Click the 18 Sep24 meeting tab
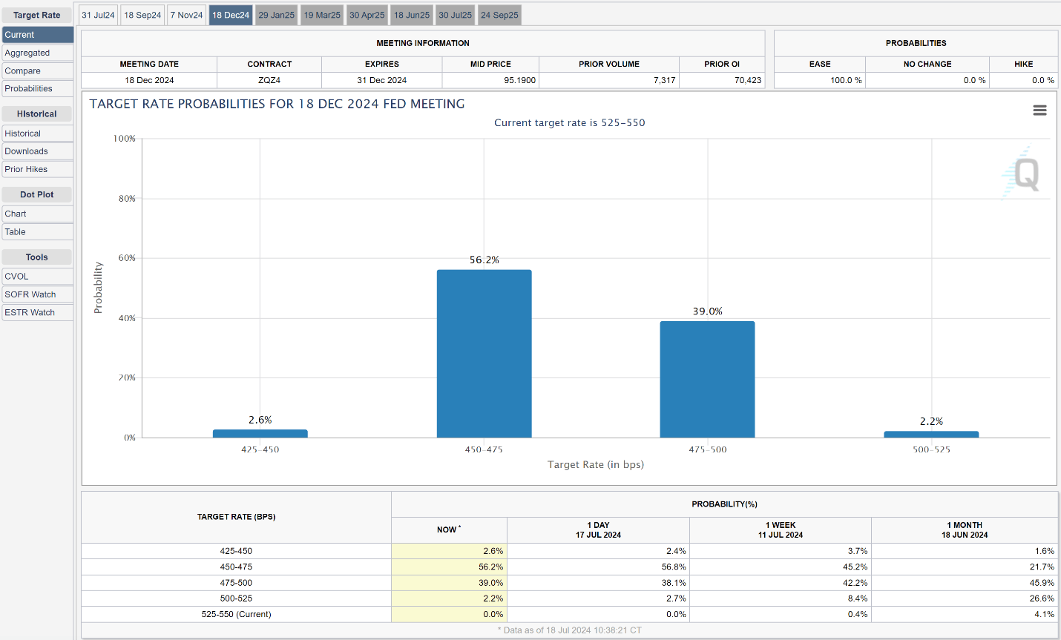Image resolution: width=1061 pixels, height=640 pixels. [142, 15]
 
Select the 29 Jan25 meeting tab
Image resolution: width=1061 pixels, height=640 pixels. [276, 15]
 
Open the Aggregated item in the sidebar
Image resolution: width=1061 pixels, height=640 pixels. [37, 53]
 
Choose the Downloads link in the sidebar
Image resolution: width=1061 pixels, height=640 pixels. [37, 151]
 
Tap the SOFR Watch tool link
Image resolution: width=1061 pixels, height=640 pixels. [37, 294]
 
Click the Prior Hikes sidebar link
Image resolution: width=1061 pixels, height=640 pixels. [37, 169]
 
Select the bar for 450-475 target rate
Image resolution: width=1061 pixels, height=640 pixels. [484, 354]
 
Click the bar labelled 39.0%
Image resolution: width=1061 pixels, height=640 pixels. [707, 379]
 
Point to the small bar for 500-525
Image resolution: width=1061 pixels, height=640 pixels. [931, 435]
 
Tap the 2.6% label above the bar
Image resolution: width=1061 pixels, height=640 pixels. [260, 420]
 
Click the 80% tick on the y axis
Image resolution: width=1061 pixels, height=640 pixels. [127, 199]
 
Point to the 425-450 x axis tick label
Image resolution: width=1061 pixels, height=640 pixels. [260, 449]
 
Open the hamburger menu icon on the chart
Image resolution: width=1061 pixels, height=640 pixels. [1039, 110]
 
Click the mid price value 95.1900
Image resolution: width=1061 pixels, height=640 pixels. [519, 80]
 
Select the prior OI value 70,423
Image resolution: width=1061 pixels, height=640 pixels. [748, 80]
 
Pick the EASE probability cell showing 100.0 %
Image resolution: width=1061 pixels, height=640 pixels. [846, 80]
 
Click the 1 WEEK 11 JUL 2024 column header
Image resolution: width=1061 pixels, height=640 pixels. [781, 530]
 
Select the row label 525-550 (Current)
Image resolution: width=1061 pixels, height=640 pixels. [236, 614]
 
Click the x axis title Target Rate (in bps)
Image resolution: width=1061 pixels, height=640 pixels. [596, 464]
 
